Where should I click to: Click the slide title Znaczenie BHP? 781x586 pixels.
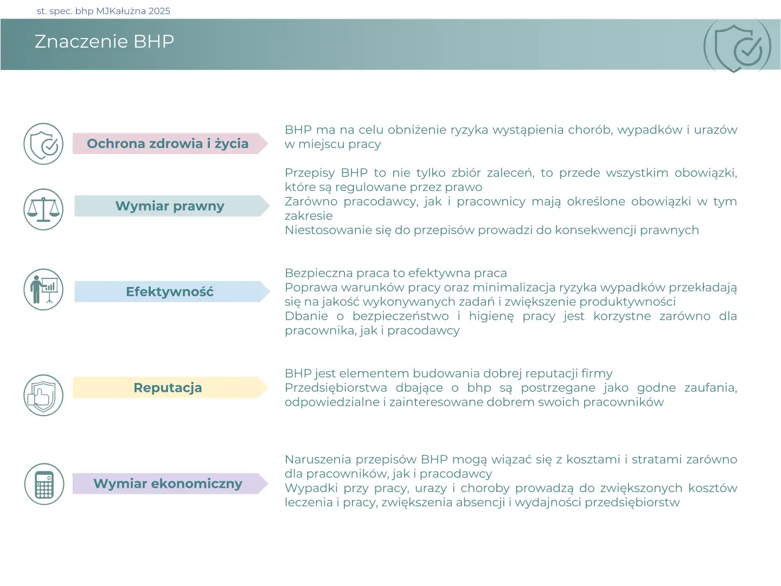click(104, 41)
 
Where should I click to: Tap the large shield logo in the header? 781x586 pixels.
click(737, 47)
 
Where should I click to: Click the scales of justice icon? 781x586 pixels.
click(43, 209)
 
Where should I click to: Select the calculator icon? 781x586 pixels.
click(44, 483)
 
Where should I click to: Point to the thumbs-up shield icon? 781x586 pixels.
click(43, 395)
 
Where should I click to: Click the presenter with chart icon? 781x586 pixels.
click(43, 289)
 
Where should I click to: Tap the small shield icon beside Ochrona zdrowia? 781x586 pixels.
click(43, 144)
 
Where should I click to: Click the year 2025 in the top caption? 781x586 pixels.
click(159, 11)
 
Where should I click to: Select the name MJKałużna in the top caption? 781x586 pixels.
click(121, 11)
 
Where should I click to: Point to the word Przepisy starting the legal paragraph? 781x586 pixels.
click(310, 173)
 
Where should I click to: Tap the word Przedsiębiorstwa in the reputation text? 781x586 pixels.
click(336, 387)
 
